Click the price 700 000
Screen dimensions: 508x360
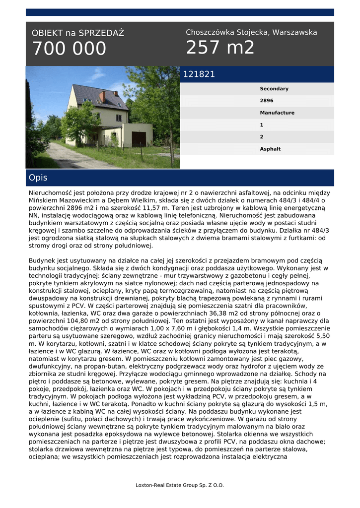(69, 49)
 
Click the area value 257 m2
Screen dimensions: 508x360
(220, 48)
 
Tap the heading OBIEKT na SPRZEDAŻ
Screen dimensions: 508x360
(78, 33)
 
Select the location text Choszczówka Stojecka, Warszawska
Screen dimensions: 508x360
(251, 32)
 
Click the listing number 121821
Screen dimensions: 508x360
(199, 74)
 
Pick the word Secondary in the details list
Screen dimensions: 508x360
(274, 89)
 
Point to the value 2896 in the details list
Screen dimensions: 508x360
(267, 101)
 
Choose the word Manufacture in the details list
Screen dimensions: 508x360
(277, 113)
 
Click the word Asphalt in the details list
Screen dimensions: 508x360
(270, 149)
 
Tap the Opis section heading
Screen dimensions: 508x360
(38, 178)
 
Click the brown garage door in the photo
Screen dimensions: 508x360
(139, 139)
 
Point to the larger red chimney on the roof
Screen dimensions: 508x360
(102, 96)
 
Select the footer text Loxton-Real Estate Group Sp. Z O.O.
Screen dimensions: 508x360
(180, 485)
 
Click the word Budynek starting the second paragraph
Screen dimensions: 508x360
(44, 260)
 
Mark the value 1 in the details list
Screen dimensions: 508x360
(262, 125)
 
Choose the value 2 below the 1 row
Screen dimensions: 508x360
(262, 137)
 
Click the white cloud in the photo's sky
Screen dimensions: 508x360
(97, 75)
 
